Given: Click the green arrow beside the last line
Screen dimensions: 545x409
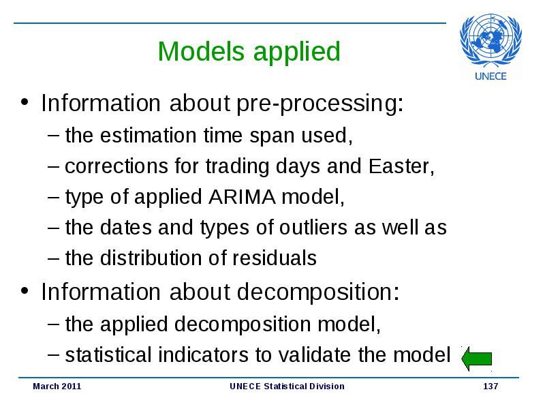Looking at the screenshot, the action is point(476,359).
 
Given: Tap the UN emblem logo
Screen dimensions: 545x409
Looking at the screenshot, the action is point(490,40).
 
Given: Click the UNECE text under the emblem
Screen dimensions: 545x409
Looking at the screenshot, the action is point(490,76).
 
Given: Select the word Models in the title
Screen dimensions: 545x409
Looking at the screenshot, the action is point(201,52).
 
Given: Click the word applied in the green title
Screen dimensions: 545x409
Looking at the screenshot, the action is point(297,52).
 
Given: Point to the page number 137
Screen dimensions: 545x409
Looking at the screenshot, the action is point(490,386).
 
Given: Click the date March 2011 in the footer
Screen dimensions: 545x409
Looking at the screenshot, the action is point(57,386).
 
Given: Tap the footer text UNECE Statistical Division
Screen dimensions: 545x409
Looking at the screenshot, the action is point(287,386).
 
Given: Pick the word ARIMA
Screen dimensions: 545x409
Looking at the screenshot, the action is point(243,197).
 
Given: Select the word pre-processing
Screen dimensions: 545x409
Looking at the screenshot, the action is point(320,104).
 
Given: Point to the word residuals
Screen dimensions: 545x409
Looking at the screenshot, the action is point(275,258).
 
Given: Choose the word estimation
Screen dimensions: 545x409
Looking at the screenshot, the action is point(149,135).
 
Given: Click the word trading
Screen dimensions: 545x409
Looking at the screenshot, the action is point(237,167).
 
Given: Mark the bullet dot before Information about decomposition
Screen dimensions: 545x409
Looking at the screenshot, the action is point(25,290).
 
